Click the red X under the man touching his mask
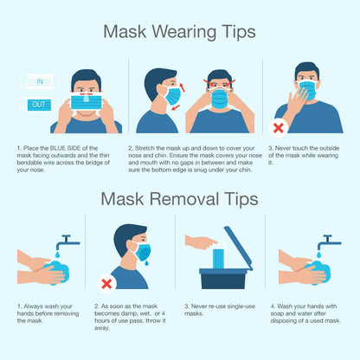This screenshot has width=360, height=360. [279, 127]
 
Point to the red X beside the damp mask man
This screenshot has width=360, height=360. [106, 282]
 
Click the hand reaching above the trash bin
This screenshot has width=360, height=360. [201, 242]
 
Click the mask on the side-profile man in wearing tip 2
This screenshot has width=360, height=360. [174, 95]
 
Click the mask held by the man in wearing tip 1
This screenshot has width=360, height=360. [86, 102]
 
